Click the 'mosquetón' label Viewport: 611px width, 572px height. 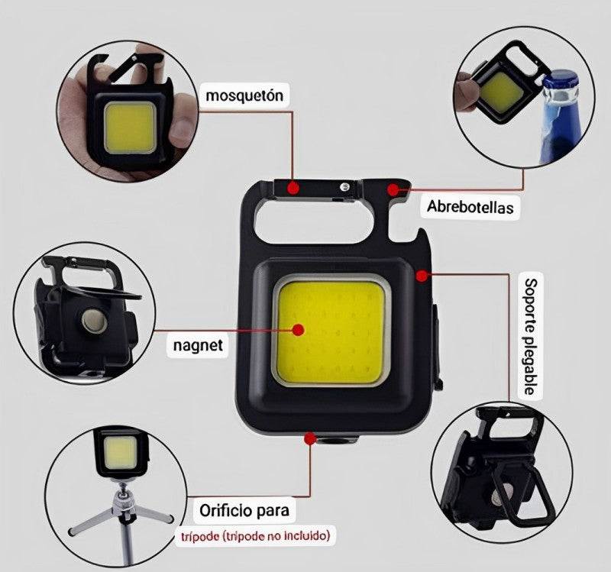[x=244, y=95]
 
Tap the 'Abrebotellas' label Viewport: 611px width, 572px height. [x=470, y=206]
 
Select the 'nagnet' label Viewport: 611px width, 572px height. [x=198, y=345]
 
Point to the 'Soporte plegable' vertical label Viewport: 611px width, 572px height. [x=530, y=336]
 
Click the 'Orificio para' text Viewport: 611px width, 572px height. [x=244, y=510]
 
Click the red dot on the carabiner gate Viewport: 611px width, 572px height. [x=293, y=188]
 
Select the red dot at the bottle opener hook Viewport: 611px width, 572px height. [x=393, y=189]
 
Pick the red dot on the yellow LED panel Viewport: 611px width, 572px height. [x=299, y=330]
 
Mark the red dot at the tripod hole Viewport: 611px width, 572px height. [x=310, y=439]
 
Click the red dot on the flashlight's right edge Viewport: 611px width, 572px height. [x=422, y=276]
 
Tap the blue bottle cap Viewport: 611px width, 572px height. [x=560, y=80]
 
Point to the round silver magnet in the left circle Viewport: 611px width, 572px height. [x=94, y=321]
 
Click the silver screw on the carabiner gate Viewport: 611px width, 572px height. [x=344, y=187]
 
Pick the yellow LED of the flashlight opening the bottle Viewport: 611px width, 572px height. [x=502, y=92]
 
